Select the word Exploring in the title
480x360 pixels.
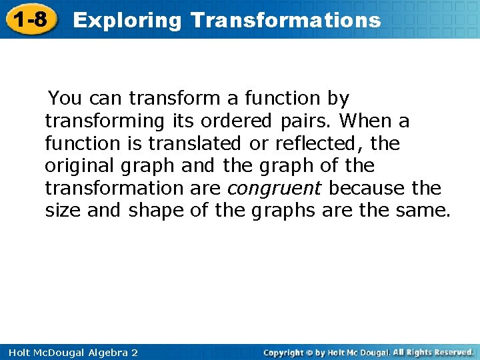pyautogui.click(x=127, y=20)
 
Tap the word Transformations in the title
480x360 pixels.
pyautogui.click(x=285, y=20)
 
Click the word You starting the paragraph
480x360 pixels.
pyautogui.click(x=65, y=99)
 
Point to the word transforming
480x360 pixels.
pyautogui.click(x=103, y=121)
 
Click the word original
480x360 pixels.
pyautogui.click(x=78, y=165)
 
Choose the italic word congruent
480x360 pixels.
pyautogui.click(x=275, y=188)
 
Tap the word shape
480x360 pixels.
pyautogui.click(x=156, y=211)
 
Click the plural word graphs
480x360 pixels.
pyautogui.click(x=279, y=211)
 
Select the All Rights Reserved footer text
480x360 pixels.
pyautogui.click(x=433, y=352)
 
